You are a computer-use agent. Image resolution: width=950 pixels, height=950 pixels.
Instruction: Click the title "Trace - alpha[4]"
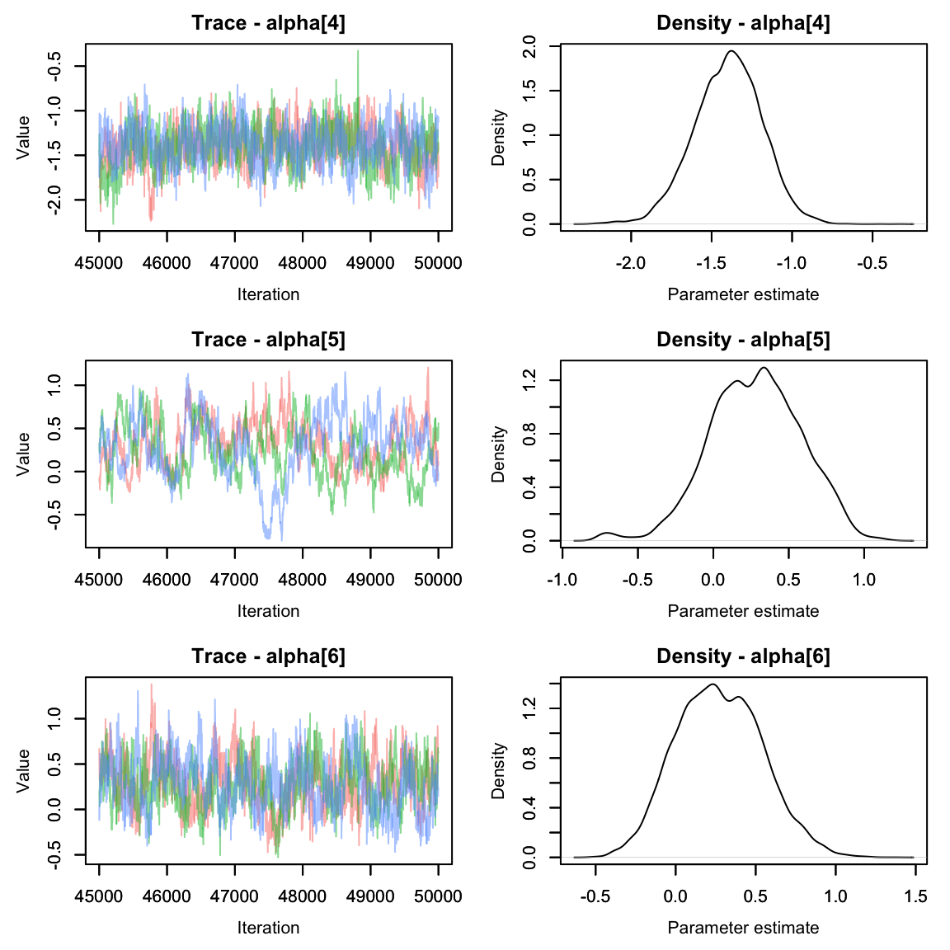[268, 23]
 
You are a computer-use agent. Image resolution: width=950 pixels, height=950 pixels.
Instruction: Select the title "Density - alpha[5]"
[743, 340]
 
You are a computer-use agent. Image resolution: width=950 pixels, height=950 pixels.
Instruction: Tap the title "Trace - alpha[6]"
[268, 656]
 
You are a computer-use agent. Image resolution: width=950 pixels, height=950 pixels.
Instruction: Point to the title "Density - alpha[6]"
[743, 656]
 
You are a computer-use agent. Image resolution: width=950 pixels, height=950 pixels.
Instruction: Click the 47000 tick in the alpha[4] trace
[235, 263]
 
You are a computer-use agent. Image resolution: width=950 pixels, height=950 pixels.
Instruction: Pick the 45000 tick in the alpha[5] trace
[99, 580]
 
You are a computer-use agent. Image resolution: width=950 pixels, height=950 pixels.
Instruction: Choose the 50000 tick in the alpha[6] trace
[438, 896]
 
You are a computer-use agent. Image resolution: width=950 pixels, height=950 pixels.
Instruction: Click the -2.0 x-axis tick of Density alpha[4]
[631, 263]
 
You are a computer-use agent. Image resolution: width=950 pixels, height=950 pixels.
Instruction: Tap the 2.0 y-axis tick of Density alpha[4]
[529, 46]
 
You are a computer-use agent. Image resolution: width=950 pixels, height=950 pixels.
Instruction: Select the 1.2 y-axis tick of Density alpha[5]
[529, 380]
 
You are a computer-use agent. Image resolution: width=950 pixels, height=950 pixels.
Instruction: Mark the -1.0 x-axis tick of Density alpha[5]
[562, 580]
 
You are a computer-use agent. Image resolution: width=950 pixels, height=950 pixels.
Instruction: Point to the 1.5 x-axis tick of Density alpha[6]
[915, 896]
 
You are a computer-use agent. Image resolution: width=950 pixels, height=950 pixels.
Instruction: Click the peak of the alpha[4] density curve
[731, 51]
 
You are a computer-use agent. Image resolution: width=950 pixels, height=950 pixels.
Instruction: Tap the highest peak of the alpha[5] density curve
[764, 368]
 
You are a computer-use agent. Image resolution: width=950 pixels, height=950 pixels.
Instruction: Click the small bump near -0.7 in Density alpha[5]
[608, 533]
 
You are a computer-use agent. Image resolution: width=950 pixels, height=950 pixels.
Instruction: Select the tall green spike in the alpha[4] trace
[358, 52]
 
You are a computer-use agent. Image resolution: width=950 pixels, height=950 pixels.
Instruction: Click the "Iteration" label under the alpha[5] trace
[268, 611]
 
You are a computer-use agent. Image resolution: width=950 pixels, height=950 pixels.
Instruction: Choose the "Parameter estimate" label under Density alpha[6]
[743, 928]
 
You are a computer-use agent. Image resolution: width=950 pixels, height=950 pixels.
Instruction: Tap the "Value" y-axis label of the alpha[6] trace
[23, 770]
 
